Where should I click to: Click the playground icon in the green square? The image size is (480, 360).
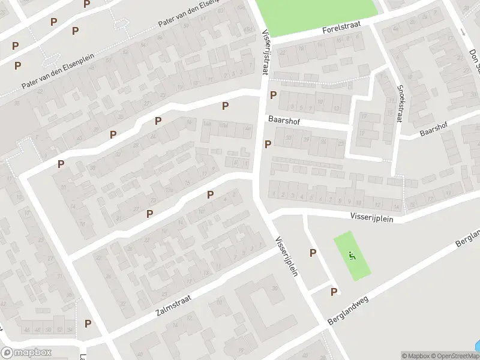[352, 256]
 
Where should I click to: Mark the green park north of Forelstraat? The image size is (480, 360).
[317, 15]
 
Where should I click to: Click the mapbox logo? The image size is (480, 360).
[25, 353]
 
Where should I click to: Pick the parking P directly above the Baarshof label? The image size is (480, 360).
[274, 95]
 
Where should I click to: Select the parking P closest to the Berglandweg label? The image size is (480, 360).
[334, 292]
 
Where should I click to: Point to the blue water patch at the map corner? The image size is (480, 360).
[476, 346]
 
